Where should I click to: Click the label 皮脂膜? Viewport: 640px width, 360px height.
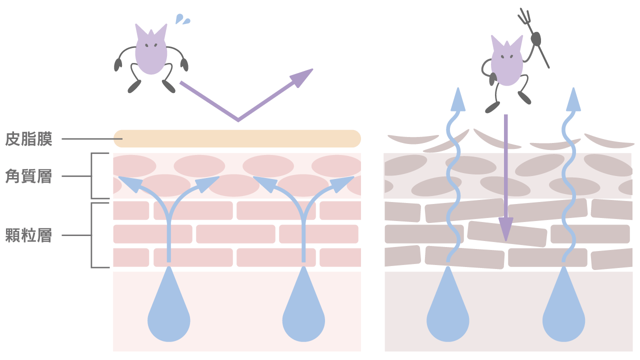28,139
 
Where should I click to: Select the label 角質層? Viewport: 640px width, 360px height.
28,176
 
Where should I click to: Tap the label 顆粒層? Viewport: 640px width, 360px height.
28,235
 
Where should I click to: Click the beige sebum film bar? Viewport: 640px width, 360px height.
237,138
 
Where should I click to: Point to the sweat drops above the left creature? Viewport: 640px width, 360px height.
182,19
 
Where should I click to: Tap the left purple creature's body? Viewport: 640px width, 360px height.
150,52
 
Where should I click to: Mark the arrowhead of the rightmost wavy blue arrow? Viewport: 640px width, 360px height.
573,100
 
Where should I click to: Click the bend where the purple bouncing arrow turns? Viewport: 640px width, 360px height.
238,120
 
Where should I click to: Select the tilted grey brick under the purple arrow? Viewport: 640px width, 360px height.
506,234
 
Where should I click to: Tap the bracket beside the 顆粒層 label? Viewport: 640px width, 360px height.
92,235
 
